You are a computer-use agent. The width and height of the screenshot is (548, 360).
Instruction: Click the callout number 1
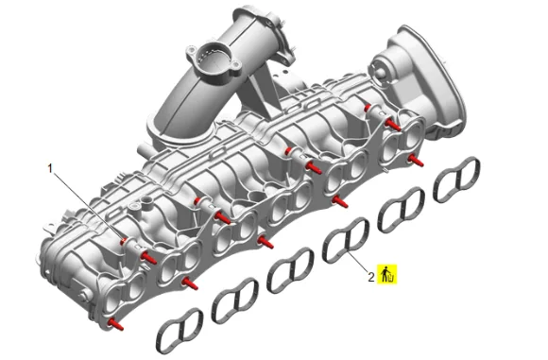pos(50,169)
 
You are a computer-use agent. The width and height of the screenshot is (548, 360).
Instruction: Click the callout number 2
pos(371,277)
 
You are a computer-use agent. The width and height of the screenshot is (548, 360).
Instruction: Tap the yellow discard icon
pos(387,274)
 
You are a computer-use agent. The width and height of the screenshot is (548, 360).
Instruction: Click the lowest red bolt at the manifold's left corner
pos(115,324)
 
